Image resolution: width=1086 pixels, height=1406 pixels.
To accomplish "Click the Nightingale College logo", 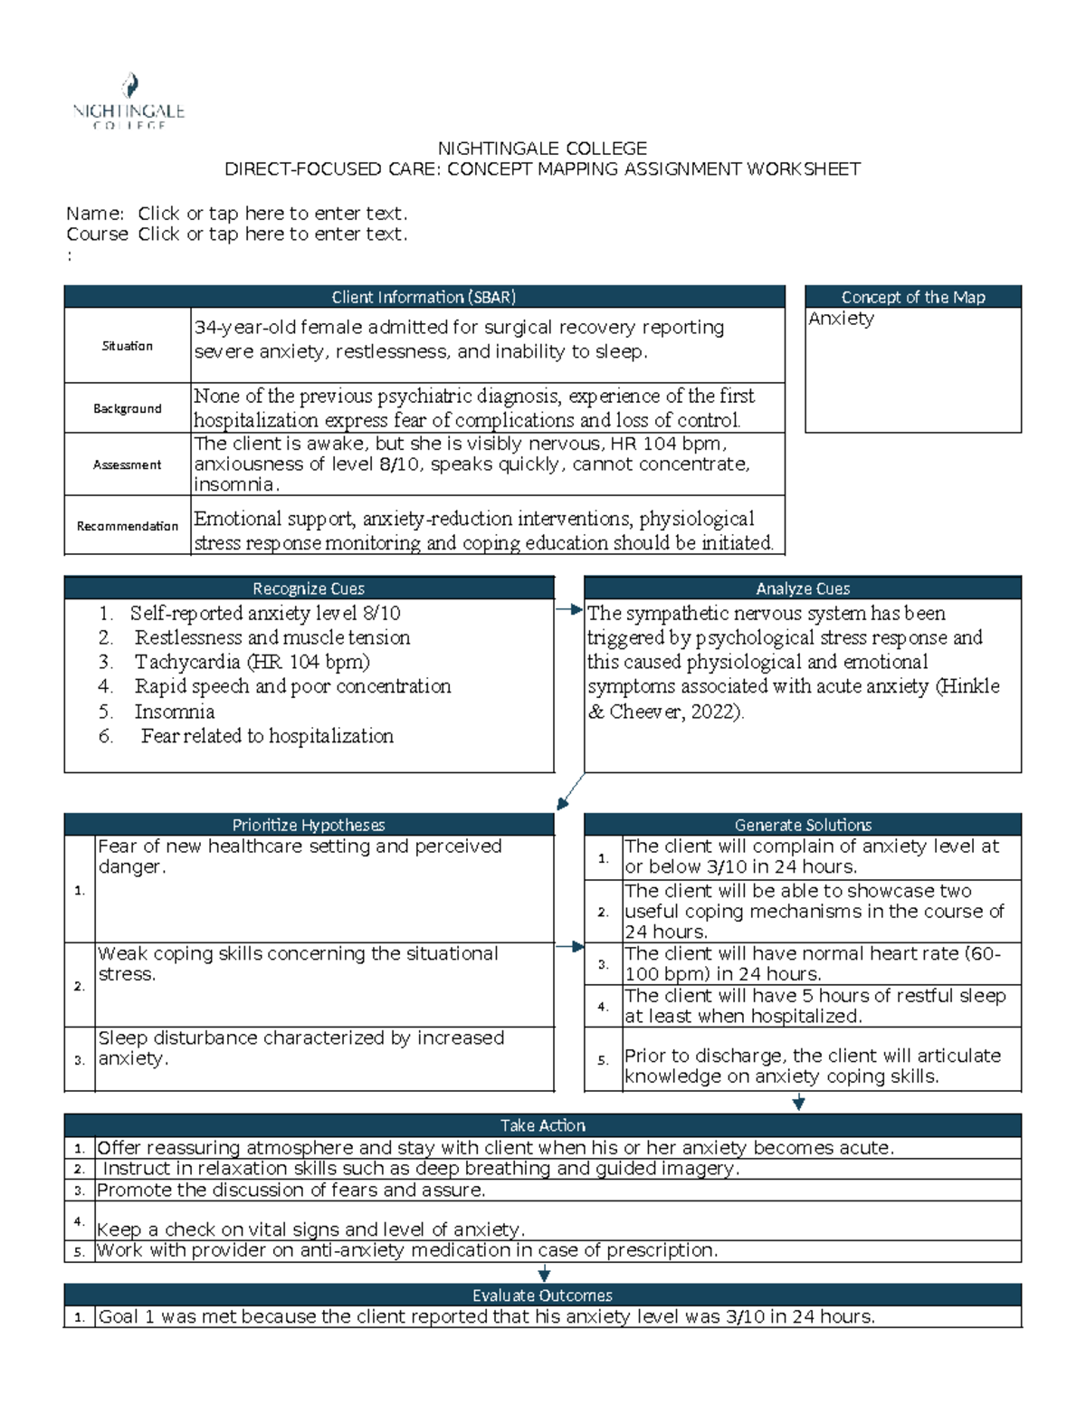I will [x=129, y=101].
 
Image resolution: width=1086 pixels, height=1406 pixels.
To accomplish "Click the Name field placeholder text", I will [x=272, y=214].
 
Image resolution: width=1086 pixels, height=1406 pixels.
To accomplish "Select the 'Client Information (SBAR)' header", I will [x=424, y=297].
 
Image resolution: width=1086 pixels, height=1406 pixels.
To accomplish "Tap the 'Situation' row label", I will [x=127, y=346].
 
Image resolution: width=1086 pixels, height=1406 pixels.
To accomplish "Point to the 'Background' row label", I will [x=127, y=408].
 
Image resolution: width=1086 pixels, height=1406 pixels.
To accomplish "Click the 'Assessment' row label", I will [x=127, y=464].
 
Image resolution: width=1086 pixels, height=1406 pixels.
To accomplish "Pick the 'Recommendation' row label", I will [x=127, y=526].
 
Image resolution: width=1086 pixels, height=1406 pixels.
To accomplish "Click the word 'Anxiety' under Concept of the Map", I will [x=841, y=319].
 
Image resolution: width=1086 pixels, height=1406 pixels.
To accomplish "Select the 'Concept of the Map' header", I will [x=912, y=297].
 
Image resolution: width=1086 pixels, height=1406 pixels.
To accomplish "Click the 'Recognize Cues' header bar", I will [x=309, y=588].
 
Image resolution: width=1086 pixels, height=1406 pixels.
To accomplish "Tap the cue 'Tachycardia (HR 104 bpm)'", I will [x=252, y=662].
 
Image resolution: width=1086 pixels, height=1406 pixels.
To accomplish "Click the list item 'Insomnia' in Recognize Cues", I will [x=175, y=712].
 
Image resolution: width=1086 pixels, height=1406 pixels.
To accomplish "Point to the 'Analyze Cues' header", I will [x=802, y=588].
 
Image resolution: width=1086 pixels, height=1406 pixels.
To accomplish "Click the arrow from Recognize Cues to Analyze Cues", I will [x=569, y=610].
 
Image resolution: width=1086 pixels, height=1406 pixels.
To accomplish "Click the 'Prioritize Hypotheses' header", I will [x=309, y=825].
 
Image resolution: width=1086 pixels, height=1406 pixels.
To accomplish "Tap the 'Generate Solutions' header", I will [x=802, y=825].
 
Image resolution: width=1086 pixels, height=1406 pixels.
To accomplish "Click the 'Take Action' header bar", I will [x=542, y=1125].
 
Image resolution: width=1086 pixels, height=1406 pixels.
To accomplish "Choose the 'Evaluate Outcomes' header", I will [x=542, y=1296].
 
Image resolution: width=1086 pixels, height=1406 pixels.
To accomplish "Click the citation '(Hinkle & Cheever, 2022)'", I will [x=794, y=699].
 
